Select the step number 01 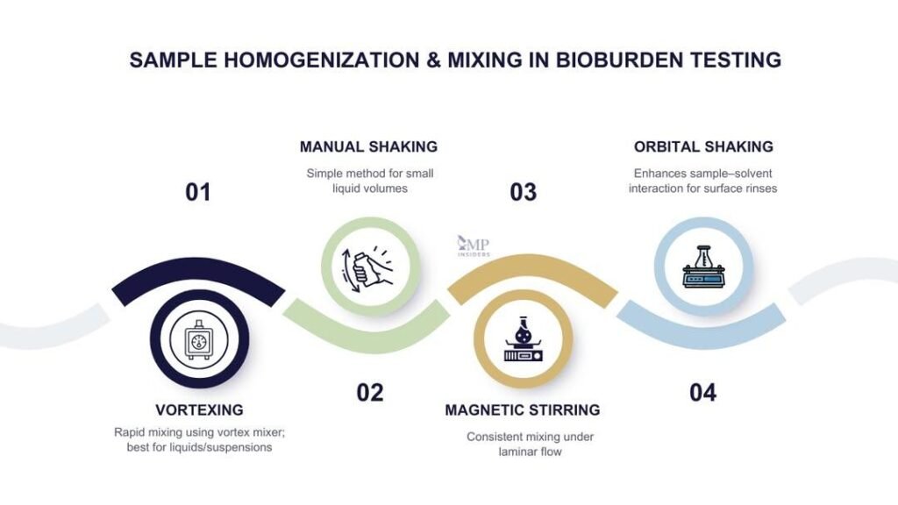(x=198, y=192)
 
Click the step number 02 (x=370, y=393)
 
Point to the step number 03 (x=524, y=192)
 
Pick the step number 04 (x=702, y=393)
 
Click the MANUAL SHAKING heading (x=368, y=146)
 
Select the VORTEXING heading (x=199, y=409)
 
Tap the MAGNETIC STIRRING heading (x=523, y=409)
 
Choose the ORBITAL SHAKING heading (x=703, y=146)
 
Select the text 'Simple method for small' (x=370, y=173)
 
